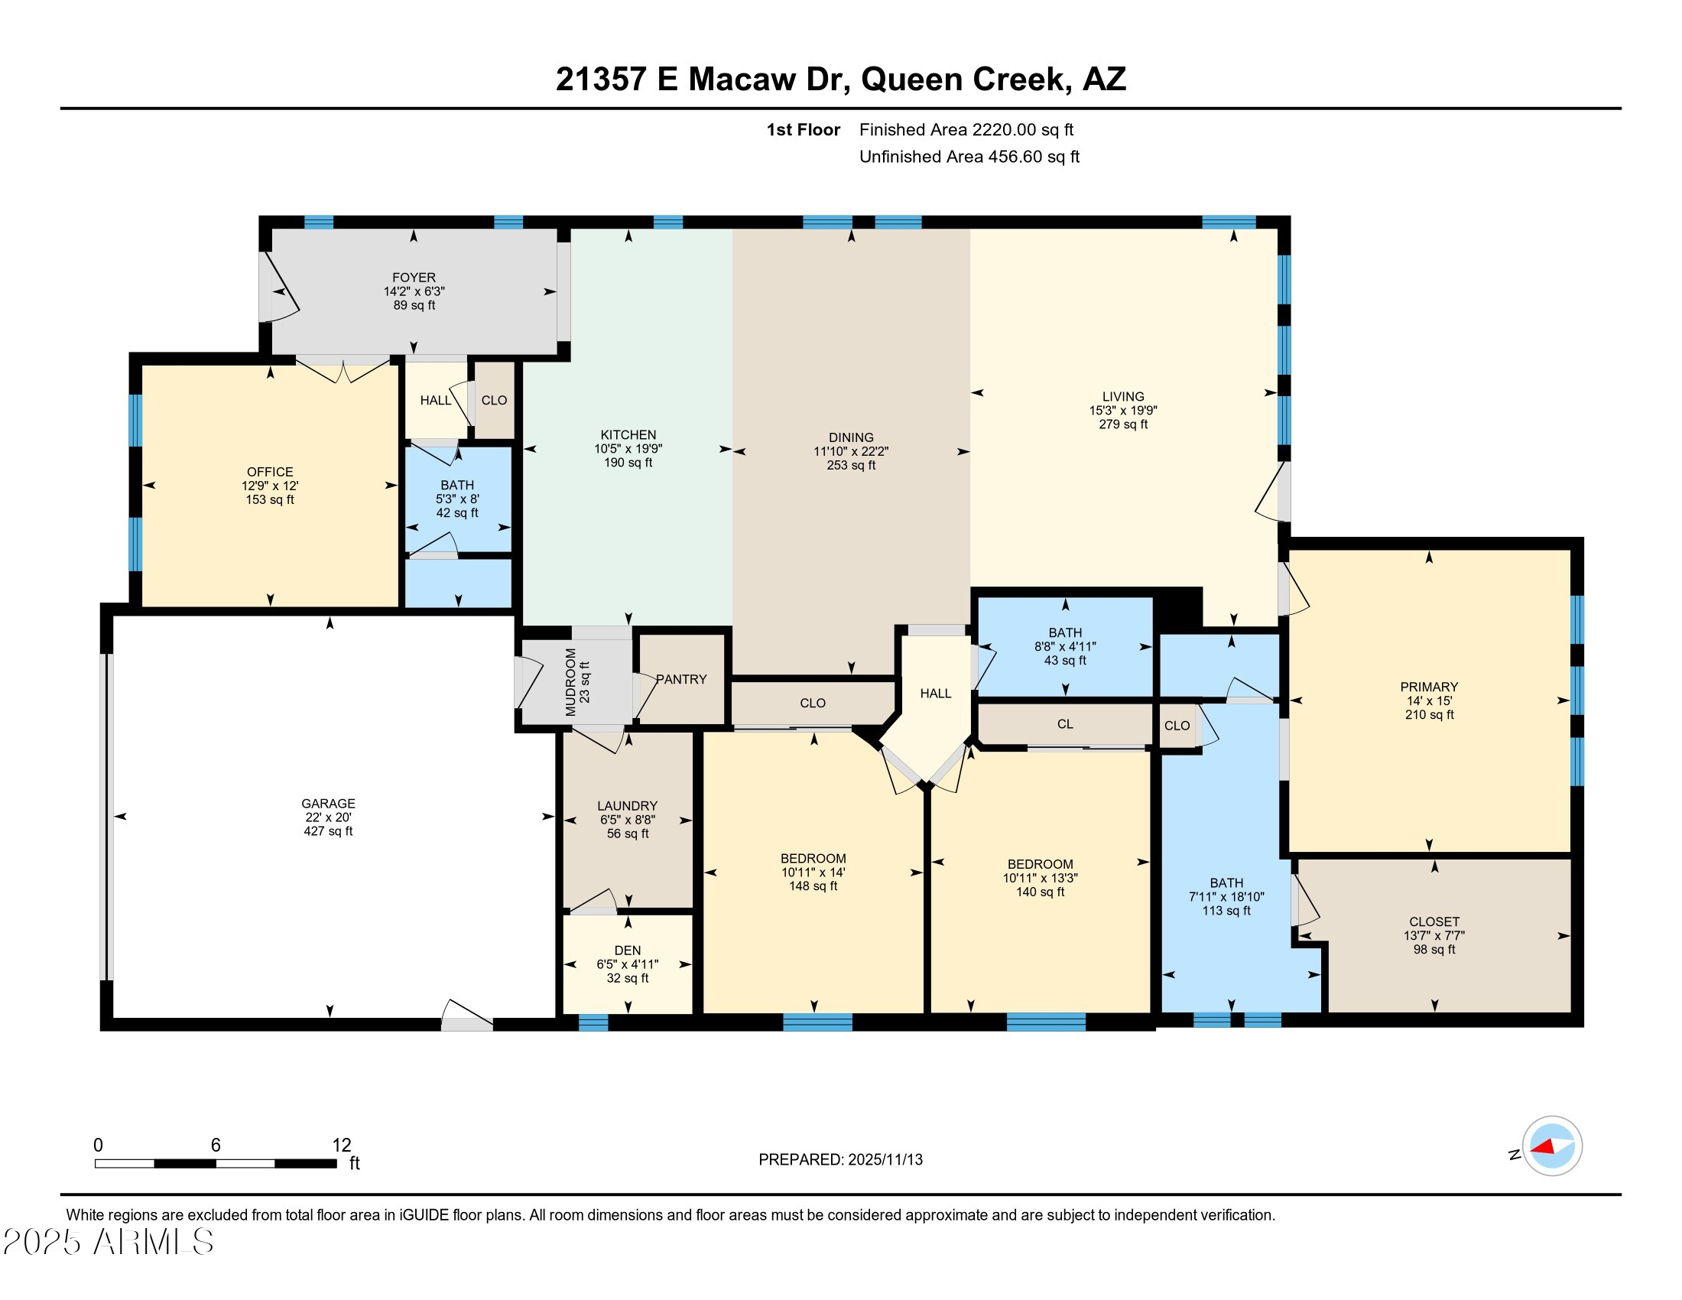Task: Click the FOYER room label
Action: coord(414,278)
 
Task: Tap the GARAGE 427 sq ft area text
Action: coord(328,831)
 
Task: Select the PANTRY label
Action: coord(681,679)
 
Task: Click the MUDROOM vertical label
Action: coord(570,682)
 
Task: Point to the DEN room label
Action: coord(628,951)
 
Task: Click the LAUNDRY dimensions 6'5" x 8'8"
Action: coord(628,820)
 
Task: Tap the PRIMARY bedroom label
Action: coord(1429,687)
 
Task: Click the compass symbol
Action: coord(1552,1146)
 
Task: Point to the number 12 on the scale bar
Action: coord(341,1146)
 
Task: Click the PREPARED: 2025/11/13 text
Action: coord(840,1160)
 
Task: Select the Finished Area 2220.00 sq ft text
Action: coord(966,130)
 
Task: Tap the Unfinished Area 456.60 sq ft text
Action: coord(969,157)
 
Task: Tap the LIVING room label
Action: coord(1123,397)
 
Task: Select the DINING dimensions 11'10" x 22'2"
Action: coord(851,451)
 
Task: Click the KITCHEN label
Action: coord(628,435)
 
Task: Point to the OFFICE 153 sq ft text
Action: coord(270,500)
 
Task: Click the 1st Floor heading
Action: coord(803,130)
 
